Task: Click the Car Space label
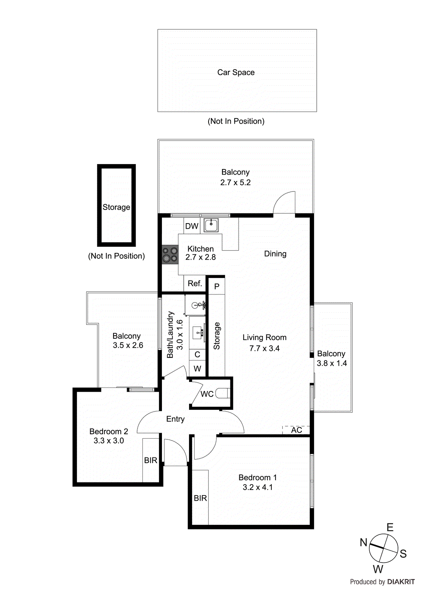coord(236,73)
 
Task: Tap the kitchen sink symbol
coord(211,225)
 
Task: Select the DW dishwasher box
coord(192,226)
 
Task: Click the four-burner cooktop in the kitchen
coord(170,254)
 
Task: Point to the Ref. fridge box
coord(195,284)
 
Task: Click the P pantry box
coord(217,286)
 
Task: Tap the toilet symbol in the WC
coord(223,394)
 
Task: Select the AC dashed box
coord(296,430)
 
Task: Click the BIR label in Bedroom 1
coord(200,498)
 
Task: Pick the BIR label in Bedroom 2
coord(151,460)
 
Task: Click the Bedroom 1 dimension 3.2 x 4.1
coord(258,487)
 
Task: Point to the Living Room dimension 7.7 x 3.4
coord(265,348)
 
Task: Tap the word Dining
coord(275,254)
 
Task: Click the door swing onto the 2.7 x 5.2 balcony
coord(284,203)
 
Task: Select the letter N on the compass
coord(363,543)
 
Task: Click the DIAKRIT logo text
coord(401,582)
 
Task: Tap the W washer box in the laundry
coord(197,369)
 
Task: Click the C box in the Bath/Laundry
coord(197,354)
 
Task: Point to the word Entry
coord(175,419)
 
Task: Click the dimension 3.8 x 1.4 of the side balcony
coord(332,363)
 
